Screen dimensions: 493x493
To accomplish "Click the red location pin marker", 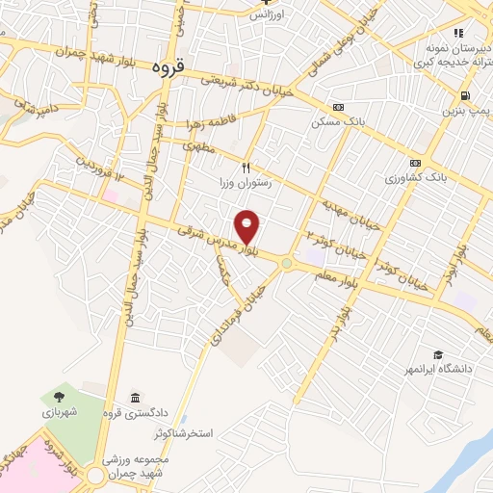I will pos(248,226).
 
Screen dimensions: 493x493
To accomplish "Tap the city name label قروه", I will pos(174,68).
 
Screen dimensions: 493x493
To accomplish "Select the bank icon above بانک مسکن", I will pos(337,107).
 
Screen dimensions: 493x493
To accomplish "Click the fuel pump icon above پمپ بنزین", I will pos(465,96).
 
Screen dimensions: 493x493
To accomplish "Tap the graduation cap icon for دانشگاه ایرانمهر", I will pos(438,355).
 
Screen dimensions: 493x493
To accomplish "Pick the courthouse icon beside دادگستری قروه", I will pos(134,399).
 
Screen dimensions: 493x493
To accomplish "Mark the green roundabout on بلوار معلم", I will pos(287,263).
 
